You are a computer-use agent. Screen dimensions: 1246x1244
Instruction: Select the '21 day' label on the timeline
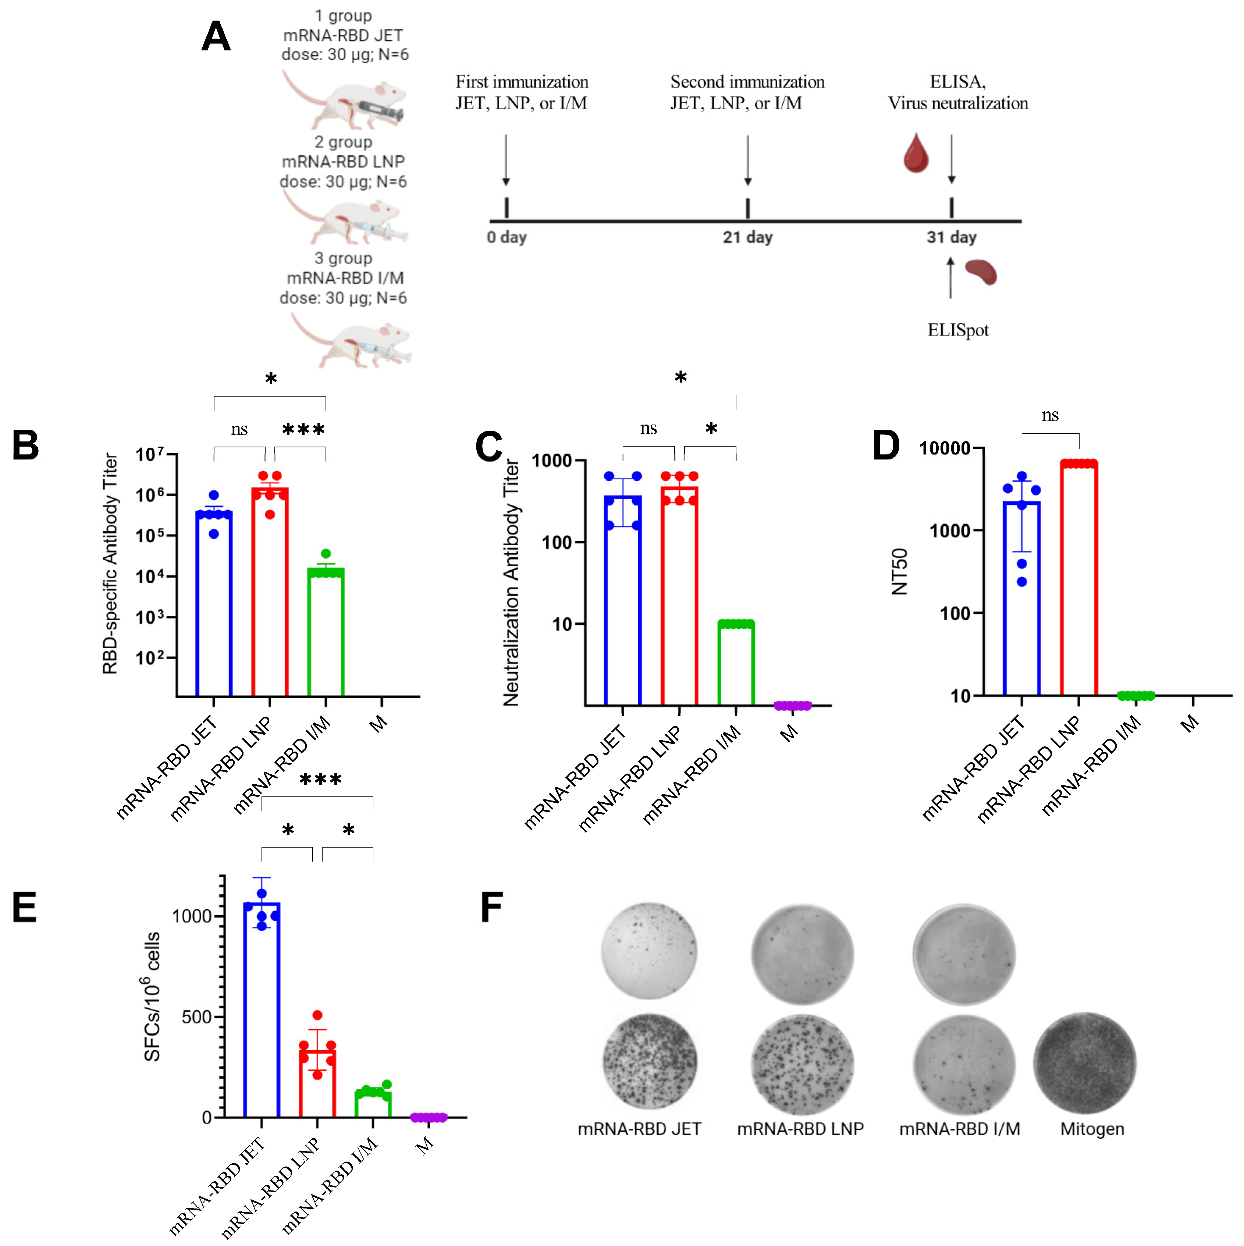tap(747, 237)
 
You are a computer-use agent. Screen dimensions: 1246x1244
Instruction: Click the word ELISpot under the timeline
tap(958, 330)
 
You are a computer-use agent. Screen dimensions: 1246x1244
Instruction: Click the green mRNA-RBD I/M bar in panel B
tap(326, 632)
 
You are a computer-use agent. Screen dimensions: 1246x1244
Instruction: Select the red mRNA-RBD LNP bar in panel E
tap(317, 1083)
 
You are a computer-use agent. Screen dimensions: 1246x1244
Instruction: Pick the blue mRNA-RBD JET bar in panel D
tap(1021, 600)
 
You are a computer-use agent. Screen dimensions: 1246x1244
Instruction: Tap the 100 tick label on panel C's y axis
tap(557, 542)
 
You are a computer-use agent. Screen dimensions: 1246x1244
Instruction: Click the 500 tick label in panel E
tap(197, 1017)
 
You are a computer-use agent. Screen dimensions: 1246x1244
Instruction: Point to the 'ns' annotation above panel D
tap(1050, 415)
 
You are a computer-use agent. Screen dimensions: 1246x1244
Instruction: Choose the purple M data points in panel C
tap(792, 706)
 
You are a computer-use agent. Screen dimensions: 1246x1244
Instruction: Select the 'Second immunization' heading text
tap(747, 82)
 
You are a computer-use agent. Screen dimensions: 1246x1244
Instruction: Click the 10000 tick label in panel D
tap(944, 448)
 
